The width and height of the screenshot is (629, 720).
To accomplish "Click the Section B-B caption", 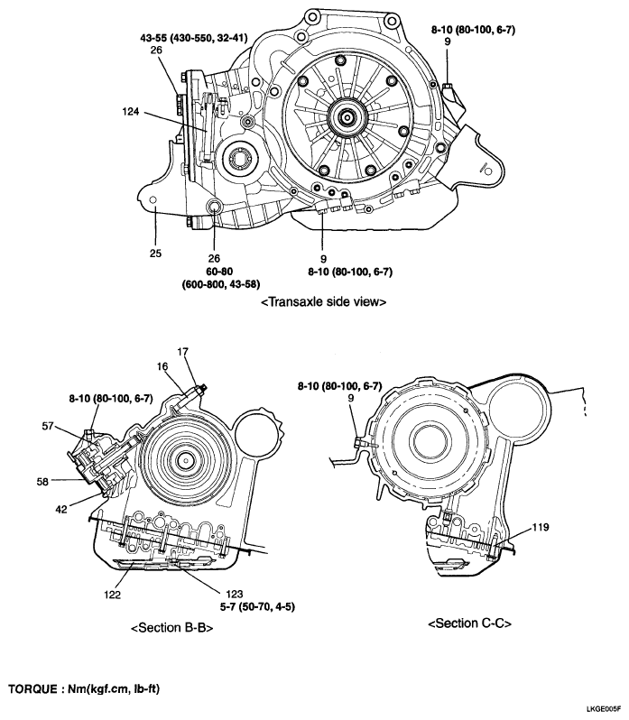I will point(171,629).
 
